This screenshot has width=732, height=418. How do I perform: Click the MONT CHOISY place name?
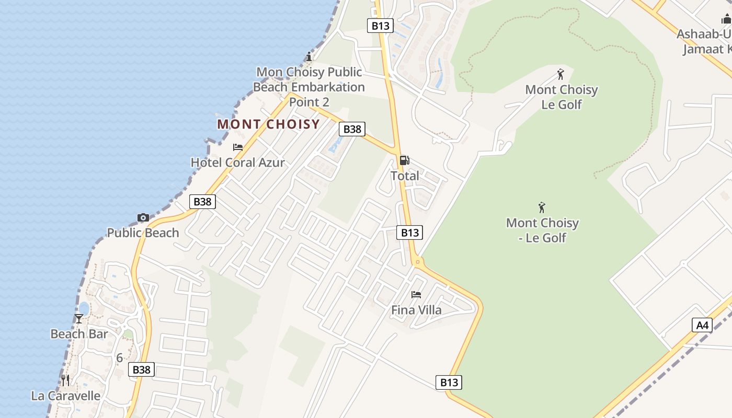click(268, 124)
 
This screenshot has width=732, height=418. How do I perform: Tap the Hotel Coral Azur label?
click(237, 162)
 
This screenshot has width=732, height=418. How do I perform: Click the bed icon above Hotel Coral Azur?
click(238, 147)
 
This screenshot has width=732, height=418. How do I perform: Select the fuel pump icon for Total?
click(405, 160)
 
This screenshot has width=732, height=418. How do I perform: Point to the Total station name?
click(405, 176)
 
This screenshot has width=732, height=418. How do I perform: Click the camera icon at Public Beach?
click(143, 217)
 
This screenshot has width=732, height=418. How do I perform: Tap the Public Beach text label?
click(143, 233)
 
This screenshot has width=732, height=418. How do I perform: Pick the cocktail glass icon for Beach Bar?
click(79, 318)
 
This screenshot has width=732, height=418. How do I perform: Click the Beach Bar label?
click(79, 334)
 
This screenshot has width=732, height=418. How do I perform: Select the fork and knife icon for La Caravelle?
click(65, 380)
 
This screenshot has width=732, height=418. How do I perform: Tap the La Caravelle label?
click(66, 396)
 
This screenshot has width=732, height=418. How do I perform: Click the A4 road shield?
click(702, 325)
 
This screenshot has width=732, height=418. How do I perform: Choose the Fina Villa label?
click(416, 310)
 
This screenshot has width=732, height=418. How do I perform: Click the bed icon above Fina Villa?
click(416, 295)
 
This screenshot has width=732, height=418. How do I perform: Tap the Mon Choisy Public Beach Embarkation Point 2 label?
click(309, 87)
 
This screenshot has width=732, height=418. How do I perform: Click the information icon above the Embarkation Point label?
click(309, 57)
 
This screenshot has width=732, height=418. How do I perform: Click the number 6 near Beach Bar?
click(119, 358)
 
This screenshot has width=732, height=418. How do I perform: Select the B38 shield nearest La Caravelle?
click(141, 370)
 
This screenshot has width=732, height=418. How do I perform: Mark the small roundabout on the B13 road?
click(417, 261)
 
